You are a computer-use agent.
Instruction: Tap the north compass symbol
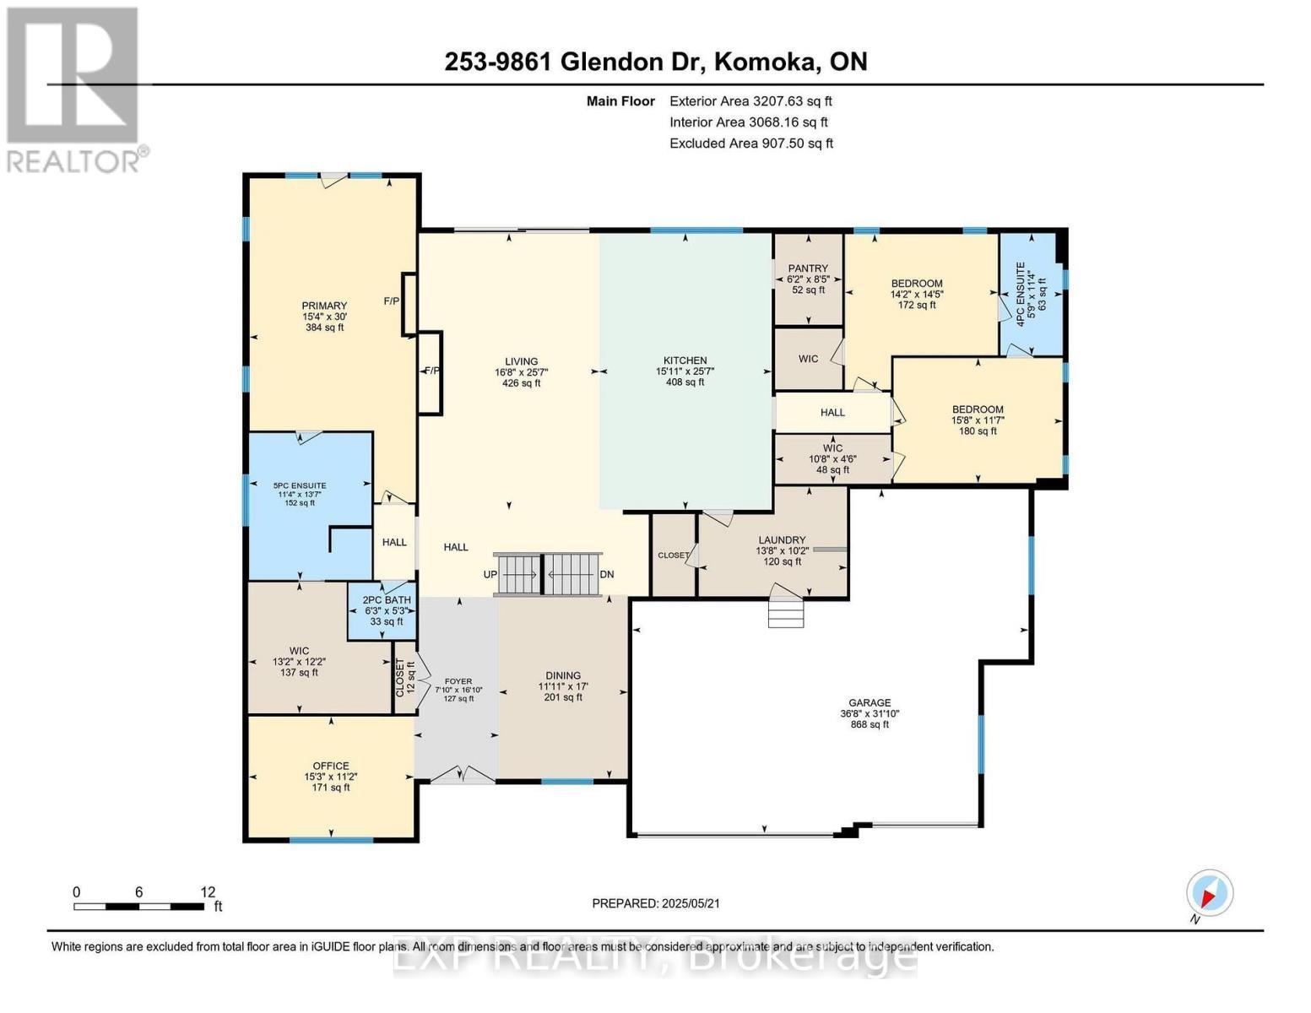click(1209, 893)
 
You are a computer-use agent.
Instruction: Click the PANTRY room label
click(808, 268)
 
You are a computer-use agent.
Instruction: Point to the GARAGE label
click(869, 702)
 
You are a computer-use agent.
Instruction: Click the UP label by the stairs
click(490, 574)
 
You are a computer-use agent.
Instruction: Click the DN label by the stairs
click(606, 574)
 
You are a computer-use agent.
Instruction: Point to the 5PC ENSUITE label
click(300, 485)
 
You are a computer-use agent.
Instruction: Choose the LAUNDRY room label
click(782, 539)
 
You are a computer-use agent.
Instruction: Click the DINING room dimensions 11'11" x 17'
click(563, 686)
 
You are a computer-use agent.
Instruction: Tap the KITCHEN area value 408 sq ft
click(685, 382)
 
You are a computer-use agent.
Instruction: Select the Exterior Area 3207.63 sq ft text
click(750, 101)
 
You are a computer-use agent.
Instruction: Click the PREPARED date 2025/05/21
click(656, 903)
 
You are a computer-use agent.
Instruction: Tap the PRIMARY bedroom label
click(325, 306)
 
